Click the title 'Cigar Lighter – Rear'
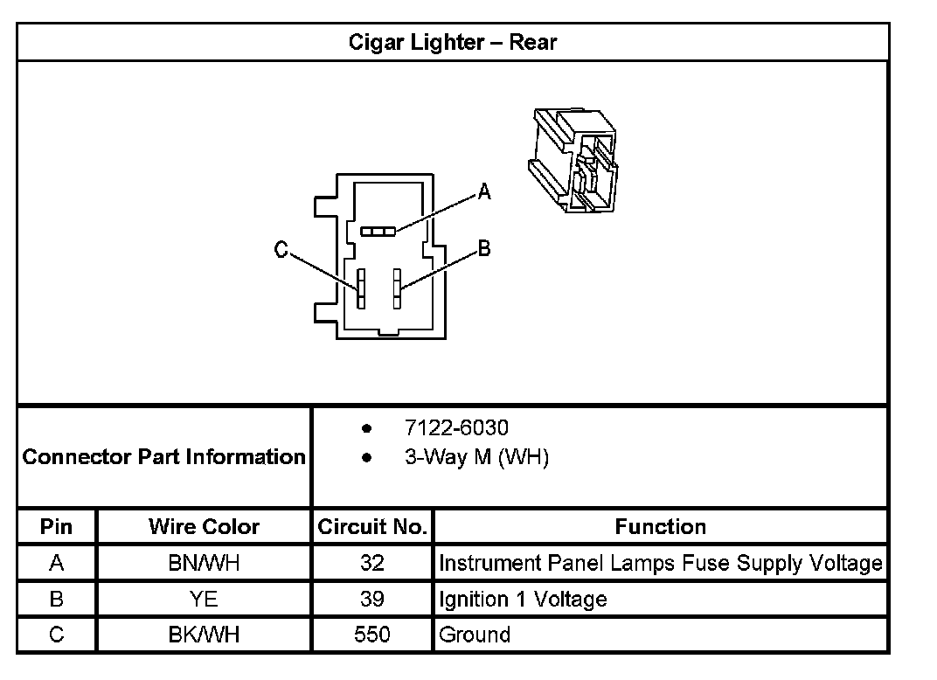pyautogui.click(x=453, y=42)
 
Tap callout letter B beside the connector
pyautogui.click(x=483, y=249)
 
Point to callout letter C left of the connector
pyautogui.click(x=281, y=251)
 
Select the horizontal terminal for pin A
pyautogui.click(x=378, y=231)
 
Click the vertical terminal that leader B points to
pyautogui.click(x=397, y=288)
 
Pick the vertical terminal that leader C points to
pyautogui.click(x=360, y=288)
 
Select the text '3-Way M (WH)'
pyautogui.click(x=476, y=457)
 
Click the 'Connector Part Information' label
pyautogui.click(x=164, y=456)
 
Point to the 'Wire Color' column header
pyautogui.click(x=204, y=526)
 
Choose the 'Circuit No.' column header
pyautogui.click(x=372, y=526)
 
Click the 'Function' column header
pyautogui.click(x=661, y=526)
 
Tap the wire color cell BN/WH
pyautogui.click(x=204, y=563)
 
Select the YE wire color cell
pyautogui.click(x=204, y=599)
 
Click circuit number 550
pyautogui.click(x=372, y=635)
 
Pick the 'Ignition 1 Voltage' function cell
pyautogui.click(x=523, y=599)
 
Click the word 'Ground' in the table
pyautogui.click(x=475, y=635)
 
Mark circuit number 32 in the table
pyautogui.click(x=372, y=563)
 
